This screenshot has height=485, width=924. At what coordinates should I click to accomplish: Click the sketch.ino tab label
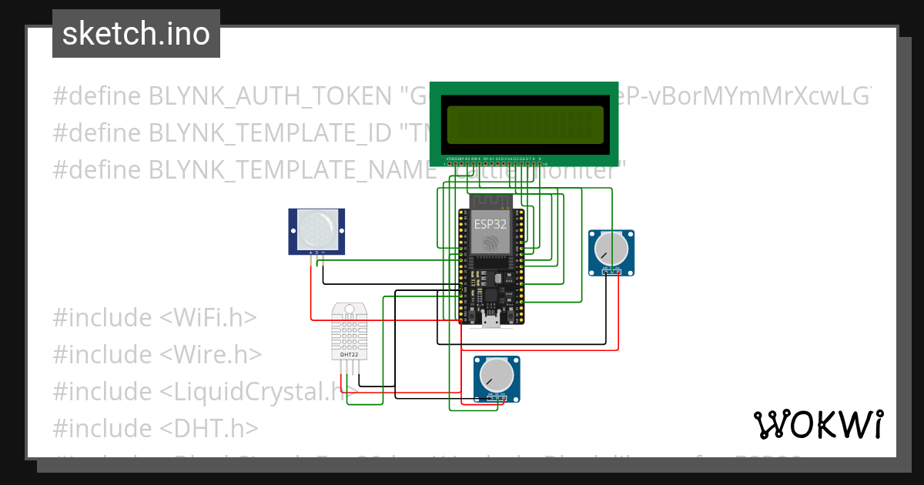[x=136, y=34]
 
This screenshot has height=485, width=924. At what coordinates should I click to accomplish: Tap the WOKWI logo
[x=818, y=424]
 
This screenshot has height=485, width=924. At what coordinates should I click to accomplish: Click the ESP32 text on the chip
[x=490, y=225]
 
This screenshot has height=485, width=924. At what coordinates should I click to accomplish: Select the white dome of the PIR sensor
[x=316, y=226]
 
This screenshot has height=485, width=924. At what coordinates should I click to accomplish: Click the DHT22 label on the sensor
[x=349, y=355]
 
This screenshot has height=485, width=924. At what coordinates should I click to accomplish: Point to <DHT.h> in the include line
[x=209, y=428]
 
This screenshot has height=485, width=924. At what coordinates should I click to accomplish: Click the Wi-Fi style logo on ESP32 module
[x=490, y=243]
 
